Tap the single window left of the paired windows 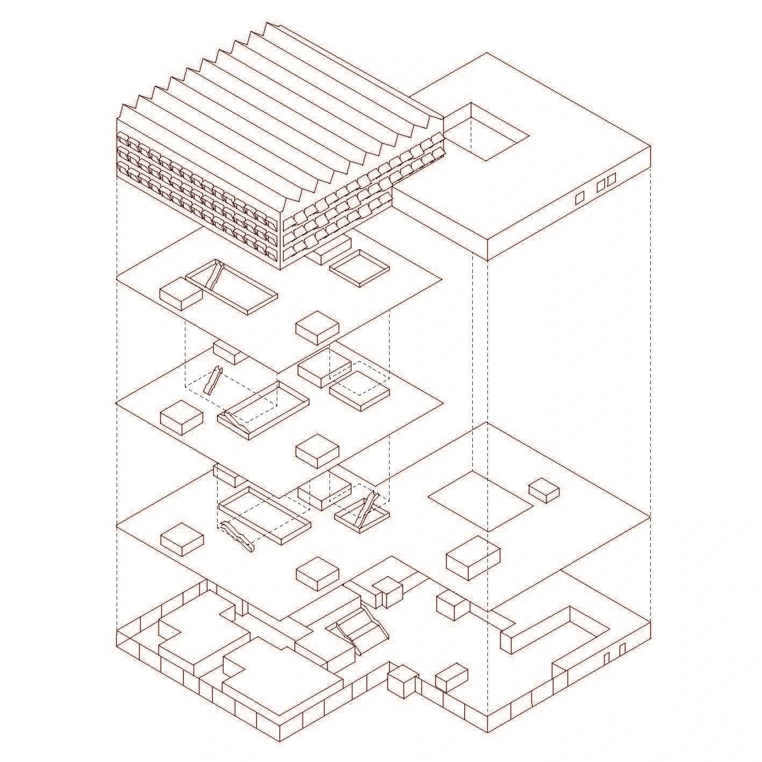click(580, 198)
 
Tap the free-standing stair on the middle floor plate click(212, 381)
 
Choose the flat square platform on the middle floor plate click(359, 391)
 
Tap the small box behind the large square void click(544, 490)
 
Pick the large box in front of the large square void click(473, 557)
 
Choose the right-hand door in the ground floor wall click(622, 650)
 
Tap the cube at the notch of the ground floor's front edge click(402, 681)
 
